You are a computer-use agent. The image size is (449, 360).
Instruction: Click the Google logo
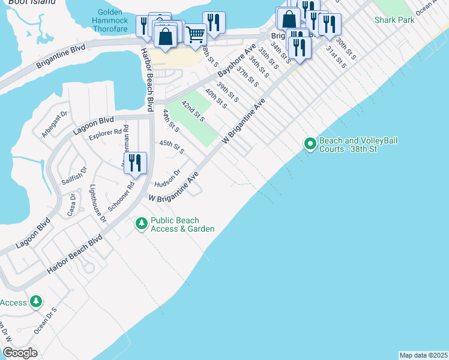(x=20, y=353)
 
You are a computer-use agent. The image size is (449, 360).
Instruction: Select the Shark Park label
(x=394, y=20)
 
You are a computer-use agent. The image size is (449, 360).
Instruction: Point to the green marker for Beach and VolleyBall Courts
(x=310, y=143)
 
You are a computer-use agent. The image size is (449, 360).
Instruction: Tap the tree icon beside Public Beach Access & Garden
(x=141, y=224)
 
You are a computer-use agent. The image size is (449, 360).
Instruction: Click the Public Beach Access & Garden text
(x=182, y=224)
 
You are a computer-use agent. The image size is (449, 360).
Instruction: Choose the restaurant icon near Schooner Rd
(x=136, y=163)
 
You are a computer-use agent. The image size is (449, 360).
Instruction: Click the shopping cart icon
(x=195, y=35)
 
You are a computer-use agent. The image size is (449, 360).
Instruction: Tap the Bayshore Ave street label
(x=236, y=64)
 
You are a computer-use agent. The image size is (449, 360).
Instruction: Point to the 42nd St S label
(x=193, y=111)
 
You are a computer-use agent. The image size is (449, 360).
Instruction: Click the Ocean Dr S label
(x=46, y=321)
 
